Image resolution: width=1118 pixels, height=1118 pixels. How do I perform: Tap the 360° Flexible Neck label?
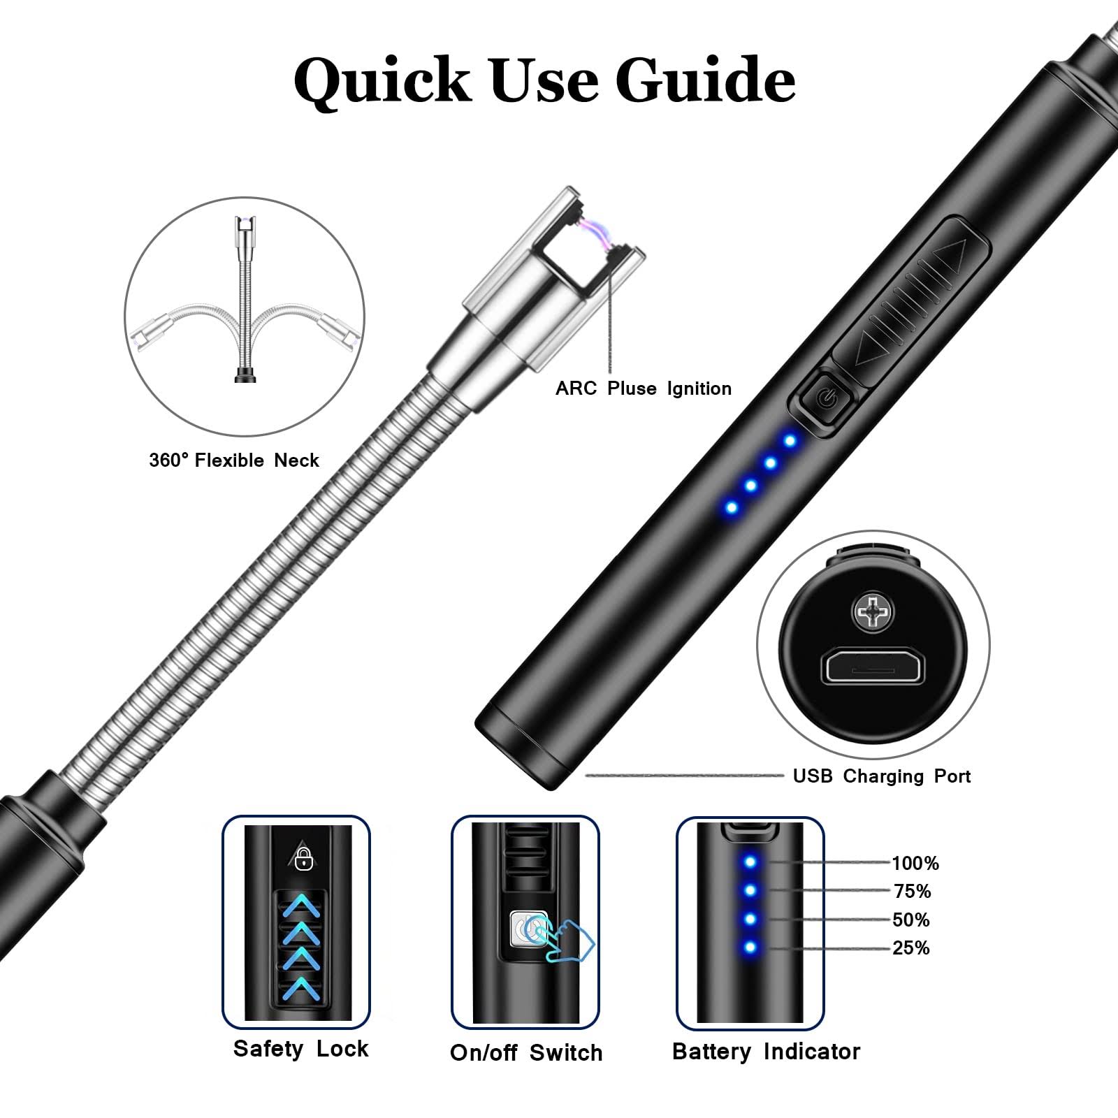[234, 460]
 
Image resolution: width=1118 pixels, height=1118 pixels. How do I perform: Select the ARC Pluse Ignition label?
[644, 389]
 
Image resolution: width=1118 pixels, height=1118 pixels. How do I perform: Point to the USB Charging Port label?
[882, 776]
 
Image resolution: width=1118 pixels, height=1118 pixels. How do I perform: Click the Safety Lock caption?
[300, 1048]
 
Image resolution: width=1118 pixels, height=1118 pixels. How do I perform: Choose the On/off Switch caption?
[526, 1052]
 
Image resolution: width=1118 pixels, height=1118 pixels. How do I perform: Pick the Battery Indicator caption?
[766, 1051]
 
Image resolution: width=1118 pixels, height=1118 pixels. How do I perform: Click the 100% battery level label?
[915, 864]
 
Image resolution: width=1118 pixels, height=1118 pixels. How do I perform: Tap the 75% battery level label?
[913, 892]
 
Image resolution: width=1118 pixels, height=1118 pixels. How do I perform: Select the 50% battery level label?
[911, 920]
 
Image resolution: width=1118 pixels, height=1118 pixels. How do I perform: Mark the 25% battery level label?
[911, 948]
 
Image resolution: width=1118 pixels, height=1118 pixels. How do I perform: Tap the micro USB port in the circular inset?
[873, 666]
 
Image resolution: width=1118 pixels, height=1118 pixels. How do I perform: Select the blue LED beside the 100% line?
[750, 862]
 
